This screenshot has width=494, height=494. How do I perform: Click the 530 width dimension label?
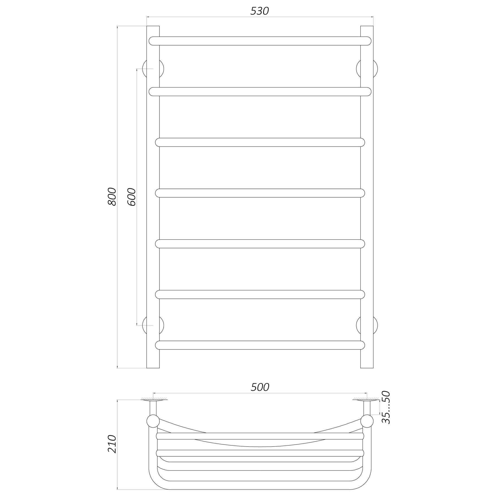[260, 11]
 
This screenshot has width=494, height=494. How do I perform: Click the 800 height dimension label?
[112, 197]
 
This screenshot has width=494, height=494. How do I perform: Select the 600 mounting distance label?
[131, 197]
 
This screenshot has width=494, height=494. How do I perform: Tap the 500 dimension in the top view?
[260, 387]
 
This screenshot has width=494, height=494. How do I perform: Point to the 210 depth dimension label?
[112, 444]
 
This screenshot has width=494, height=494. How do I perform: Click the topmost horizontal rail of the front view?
[260, 41]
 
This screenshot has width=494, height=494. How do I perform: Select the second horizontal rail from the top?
[260, 92]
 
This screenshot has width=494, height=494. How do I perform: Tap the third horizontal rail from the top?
[260, 142]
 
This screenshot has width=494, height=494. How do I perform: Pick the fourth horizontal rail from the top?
[260, 193]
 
